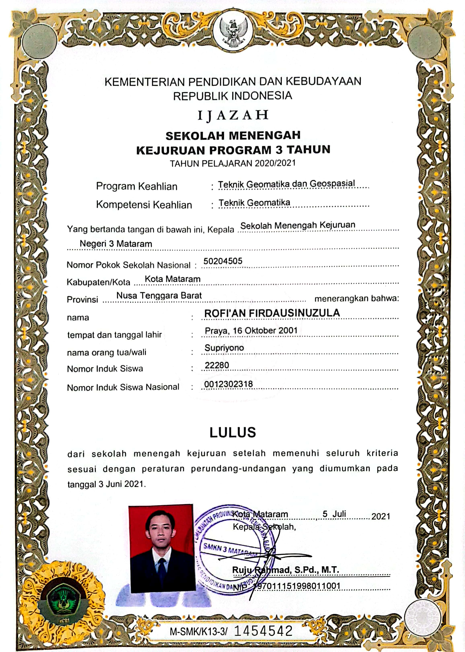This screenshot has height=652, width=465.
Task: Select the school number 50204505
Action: pos(223,261)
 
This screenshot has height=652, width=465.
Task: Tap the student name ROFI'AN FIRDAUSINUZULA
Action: pos(272,313)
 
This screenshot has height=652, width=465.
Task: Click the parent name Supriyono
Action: pos(224,348)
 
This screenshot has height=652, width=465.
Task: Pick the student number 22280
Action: pos(217,365)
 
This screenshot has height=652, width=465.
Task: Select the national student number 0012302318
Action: pos(228,384)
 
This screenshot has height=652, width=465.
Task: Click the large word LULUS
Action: pos(232,432)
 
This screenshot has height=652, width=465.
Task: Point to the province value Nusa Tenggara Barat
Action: pos(159,295)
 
